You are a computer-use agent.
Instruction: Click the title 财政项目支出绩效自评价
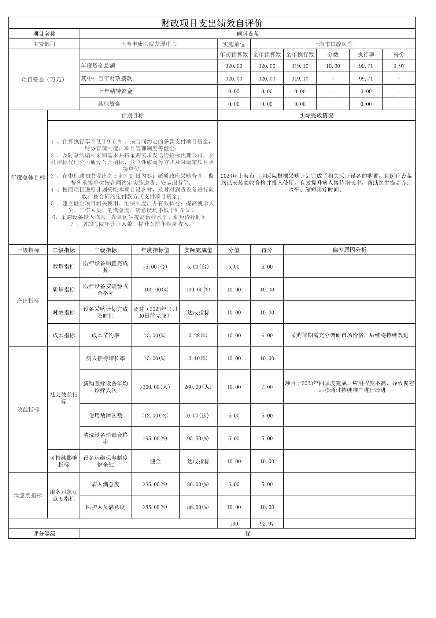point(212,23)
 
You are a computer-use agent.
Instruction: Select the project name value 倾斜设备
point(248,34)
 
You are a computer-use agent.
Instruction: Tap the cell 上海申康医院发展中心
point(148,44)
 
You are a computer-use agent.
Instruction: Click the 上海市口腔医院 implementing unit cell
point(333,44)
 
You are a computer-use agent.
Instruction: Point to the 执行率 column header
point(366,54)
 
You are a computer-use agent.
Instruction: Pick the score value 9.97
point(399,66)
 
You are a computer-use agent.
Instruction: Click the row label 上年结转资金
point(115,91)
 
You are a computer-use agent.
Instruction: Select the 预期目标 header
point(132,116)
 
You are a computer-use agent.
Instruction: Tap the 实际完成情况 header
point(316,116)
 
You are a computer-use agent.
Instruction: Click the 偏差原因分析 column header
point(349,250)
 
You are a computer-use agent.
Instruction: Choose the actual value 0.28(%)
point(198,335)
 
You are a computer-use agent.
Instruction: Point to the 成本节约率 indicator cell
point(106,335)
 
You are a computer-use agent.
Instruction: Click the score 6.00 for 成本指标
point(267,335)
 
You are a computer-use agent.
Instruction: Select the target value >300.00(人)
point(155,387)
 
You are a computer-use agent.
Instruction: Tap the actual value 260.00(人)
point(198,387)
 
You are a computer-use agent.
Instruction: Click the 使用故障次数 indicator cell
point(106,415)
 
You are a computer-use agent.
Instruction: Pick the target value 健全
point(155,461)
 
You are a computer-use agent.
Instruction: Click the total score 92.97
point(267,524)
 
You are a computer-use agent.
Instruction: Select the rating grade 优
point(248,534)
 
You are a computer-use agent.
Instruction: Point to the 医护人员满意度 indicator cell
point(106,507)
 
